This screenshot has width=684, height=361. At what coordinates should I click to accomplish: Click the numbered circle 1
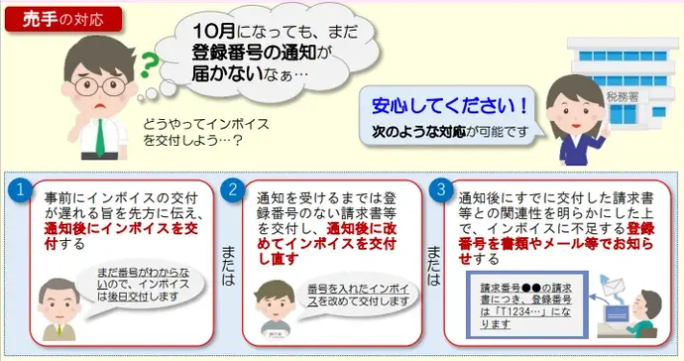(18, 188)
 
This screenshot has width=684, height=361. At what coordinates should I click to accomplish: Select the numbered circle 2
(234, 188)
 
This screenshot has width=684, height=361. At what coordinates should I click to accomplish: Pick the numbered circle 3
(442, 188)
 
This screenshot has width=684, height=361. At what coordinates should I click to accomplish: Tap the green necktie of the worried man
(98, 134)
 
